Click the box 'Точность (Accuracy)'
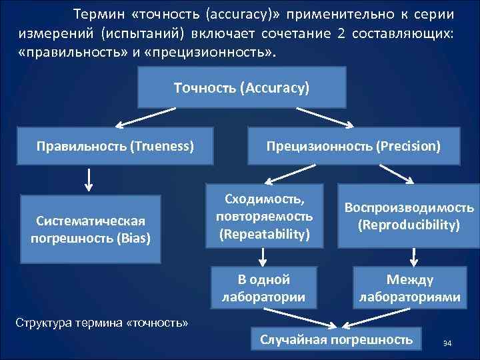point(242,88)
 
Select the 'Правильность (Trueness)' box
point(116,144)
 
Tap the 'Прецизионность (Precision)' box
point(353,144)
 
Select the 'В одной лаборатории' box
point(263,287)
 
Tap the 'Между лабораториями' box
point(409,287)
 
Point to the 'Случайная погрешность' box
point(336,340)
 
